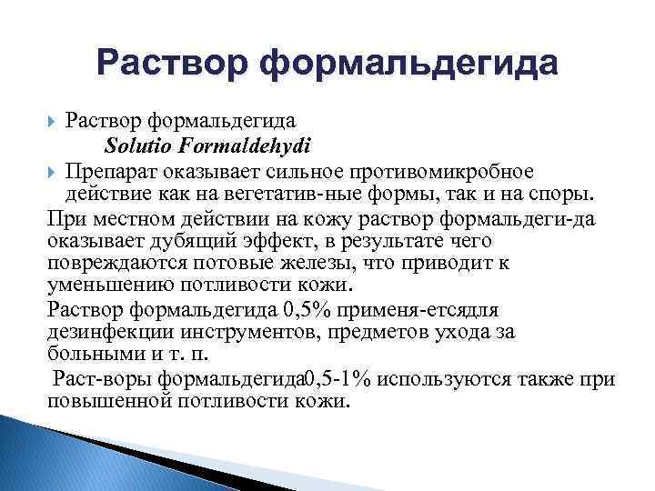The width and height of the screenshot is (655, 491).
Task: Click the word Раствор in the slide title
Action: pos(170,64)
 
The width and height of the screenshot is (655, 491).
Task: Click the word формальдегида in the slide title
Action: pos(408,64)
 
